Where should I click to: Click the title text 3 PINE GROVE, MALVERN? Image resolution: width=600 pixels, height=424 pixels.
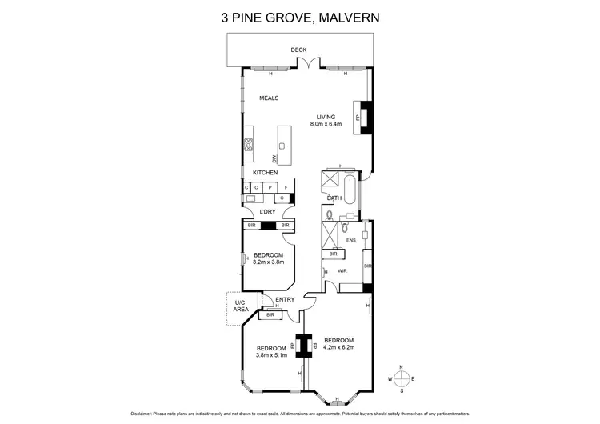[299, 15]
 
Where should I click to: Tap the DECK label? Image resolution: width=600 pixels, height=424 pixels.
[298, 50]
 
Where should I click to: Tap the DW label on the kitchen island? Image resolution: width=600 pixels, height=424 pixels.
[274, 158]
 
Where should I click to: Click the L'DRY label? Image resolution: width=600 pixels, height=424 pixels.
[267, 212]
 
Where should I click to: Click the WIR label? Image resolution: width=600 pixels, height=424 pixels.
[342, 271]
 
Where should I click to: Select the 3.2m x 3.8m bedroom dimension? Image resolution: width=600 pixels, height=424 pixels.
[269, 262]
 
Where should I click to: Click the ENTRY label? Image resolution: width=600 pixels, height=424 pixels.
[285, 300]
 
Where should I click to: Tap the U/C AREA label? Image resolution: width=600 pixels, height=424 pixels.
[239, 306]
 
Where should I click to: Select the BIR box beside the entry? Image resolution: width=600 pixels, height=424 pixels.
[270, 316]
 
